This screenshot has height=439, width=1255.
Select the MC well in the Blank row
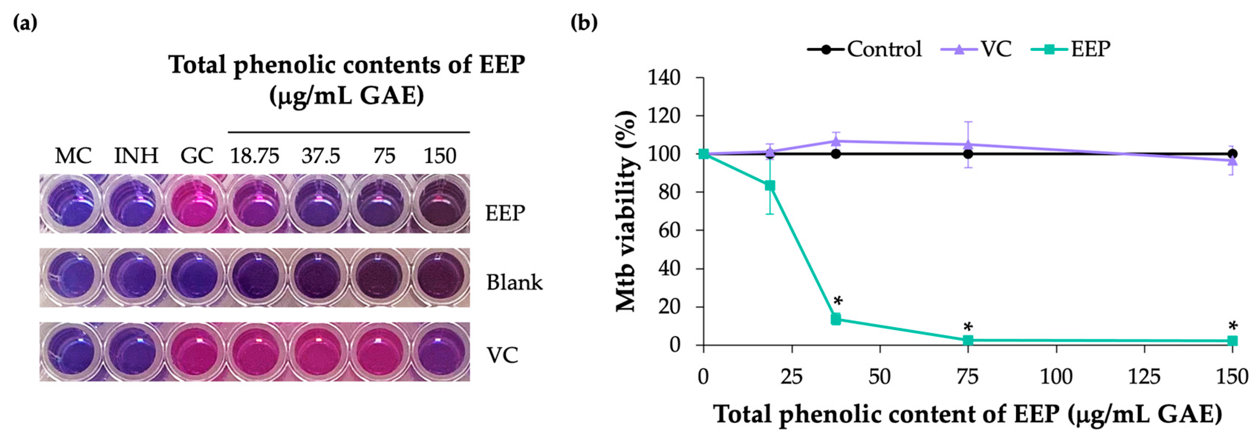click(x=72, y=278)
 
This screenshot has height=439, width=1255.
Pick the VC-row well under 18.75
click(x=256, y=352)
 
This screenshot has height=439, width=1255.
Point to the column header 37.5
click(x=320, y=156)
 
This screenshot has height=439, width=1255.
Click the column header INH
click(x=136, y=156)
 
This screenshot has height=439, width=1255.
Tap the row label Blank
click(x=514, y=282)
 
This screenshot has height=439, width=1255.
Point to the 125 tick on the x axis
click(x=1144, y=377)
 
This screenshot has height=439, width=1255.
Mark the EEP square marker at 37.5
click(x=836, y=319)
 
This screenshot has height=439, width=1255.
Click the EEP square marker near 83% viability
click(x=770, y=186)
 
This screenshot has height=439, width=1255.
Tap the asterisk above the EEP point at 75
click(x=968, y=327)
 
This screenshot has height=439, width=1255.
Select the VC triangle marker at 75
click(x=968, y=145)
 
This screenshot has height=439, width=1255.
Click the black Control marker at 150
click(x=1233, y=154)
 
